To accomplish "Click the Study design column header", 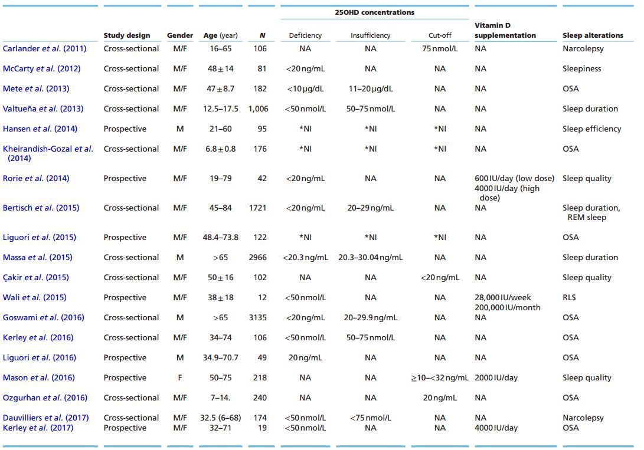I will point(127,35).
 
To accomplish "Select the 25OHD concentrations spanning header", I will point(375,12).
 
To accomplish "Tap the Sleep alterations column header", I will point(593,35).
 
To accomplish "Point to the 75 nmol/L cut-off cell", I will point(440,49).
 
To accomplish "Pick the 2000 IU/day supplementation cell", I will point(496,378).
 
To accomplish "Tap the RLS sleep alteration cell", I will point(569,298).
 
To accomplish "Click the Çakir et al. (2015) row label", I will point(35,278).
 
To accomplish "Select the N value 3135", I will point(258,318).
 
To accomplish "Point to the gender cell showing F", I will point(180,378).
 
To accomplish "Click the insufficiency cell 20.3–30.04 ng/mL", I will point(370,258).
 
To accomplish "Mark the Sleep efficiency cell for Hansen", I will point(591,129).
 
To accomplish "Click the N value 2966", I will point(258,258).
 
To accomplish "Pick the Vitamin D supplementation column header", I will point(505,31).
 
